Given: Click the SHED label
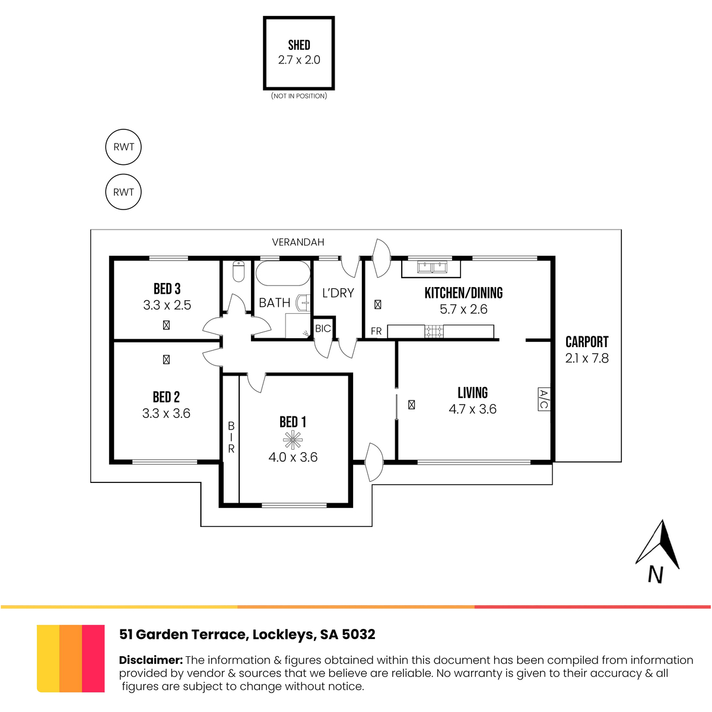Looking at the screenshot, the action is point(299,45).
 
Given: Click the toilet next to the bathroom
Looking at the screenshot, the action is point(239,272).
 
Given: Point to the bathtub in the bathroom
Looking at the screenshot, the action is point(283,274).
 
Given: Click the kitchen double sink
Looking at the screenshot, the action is point(432,266).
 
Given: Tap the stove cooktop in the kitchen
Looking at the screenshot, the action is point(434,331).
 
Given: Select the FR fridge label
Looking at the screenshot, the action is point(376,331).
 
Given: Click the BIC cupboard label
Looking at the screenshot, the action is point(323,329).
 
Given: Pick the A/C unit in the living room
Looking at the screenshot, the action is point(544,399).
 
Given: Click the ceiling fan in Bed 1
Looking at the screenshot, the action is point(293,440).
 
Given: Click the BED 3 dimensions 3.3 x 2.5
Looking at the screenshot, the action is point(167,305).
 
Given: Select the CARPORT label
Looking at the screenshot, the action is point(587,342).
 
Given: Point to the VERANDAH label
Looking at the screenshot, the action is point(298,242).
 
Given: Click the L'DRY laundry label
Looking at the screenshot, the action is point(338,293).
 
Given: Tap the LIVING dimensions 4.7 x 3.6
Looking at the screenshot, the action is point(472,409).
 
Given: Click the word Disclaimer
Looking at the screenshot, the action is point(151,660).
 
